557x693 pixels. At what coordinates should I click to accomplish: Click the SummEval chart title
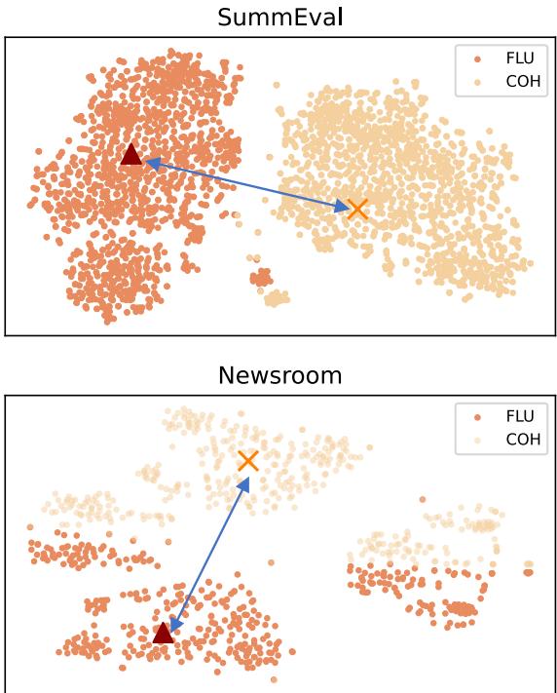pos(279,17)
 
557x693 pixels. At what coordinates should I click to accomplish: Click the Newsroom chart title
pos(279,375)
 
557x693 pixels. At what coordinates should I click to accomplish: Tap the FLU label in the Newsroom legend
pos(519,416)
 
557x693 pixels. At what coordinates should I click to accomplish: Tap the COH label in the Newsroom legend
pos(522,439)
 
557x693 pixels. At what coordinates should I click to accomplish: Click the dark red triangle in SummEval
pos(130,154)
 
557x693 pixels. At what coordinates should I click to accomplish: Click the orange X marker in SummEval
pos(357,208)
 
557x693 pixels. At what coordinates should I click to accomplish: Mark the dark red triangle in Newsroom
pos(163,634)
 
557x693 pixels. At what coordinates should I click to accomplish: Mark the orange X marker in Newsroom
pos(247,461)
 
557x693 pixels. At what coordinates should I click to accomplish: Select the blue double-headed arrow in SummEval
pos(243,183)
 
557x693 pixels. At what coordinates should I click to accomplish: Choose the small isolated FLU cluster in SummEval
pos(261,279)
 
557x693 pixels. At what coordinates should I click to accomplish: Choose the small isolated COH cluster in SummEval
pos(278,297)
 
